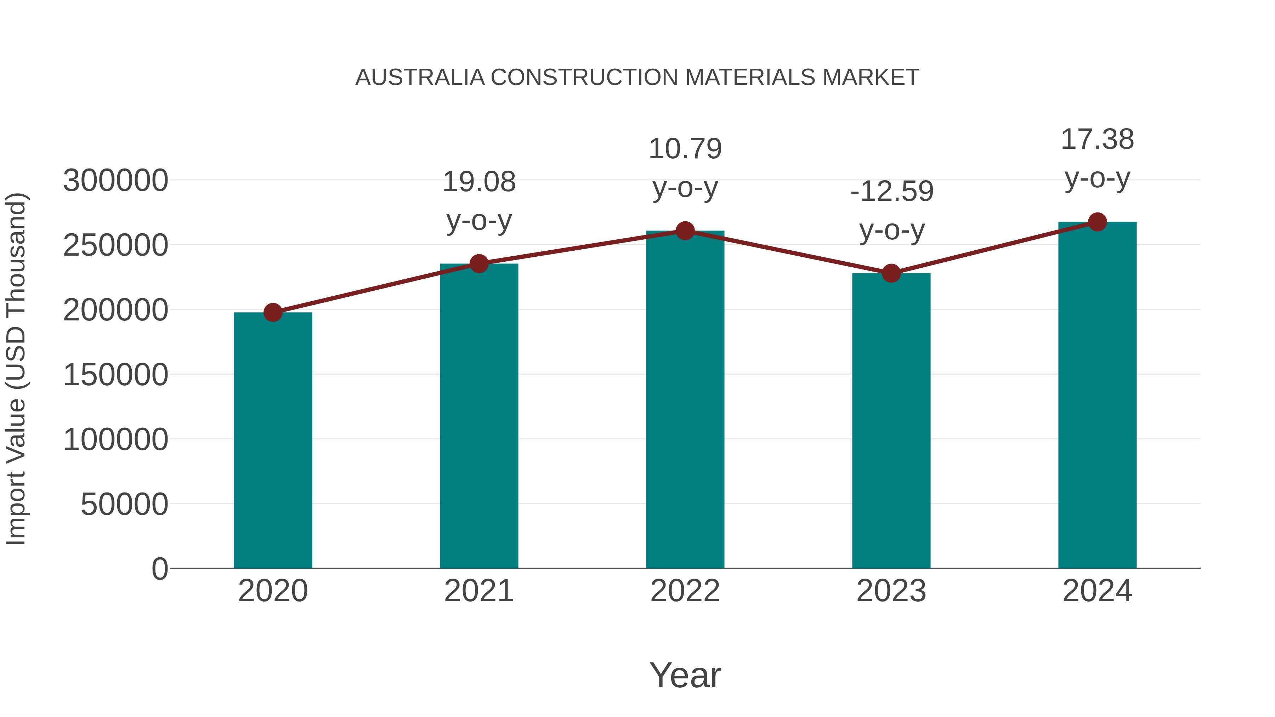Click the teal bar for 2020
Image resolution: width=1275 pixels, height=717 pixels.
pos(273,440)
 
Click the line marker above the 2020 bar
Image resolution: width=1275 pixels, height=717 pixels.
pos(273,312)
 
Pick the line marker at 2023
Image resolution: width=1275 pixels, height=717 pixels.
pos(891,273)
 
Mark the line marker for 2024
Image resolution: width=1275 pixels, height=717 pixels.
pos(1097,222)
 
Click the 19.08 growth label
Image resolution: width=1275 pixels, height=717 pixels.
pos(478,182)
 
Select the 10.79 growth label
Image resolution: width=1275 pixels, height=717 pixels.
pos(685,149)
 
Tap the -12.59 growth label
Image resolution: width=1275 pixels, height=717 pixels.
pos(891,192)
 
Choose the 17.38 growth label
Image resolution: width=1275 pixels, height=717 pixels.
pos(1097,140)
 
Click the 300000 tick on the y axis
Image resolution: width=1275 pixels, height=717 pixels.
pos(116,181)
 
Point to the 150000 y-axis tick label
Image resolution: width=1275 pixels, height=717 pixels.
pos(116,375)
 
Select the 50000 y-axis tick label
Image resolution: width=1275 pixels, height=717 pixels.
pos(124,504)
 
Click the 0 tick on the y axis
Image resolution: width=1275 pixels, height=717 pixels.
pos(159,569)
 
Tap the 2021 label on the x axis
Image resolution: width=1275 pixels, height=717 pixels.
pos(478,591)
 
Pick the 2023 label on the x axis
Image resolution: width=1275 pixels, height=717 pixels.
pos(891,591)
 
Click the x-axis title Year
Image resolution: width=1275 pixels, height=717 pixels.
pos(685,675)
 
